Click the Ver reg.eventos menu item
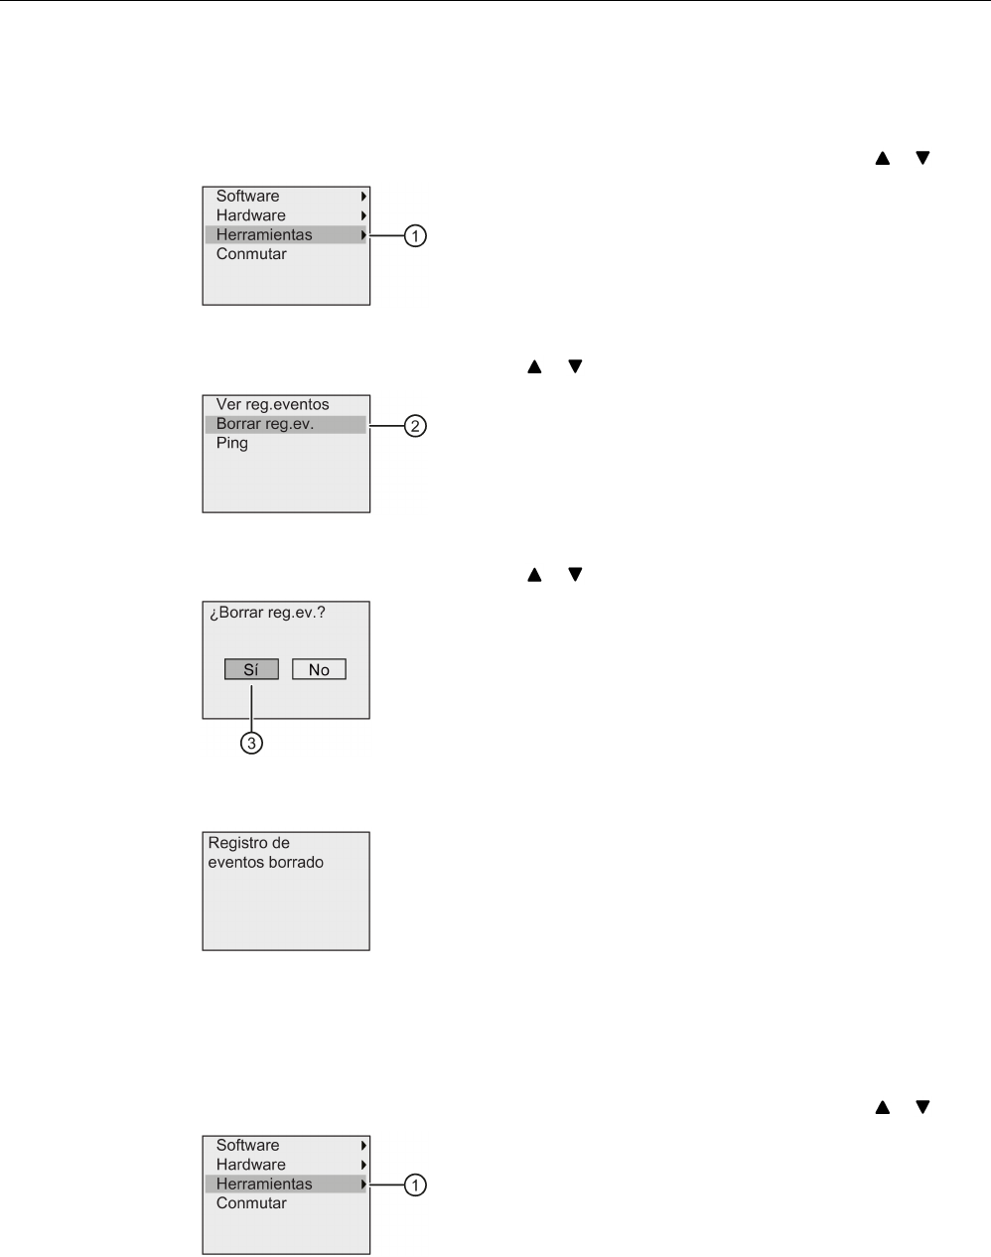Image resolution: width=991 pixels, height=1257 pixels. [272, 405]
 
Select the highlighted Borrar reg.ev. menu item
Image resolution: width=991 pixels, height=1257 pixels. [265, 424]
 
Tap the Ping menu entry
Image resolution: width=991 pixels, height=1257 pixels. [232, 443]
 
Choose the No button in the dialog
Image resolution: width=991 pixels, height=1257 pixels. [319, 670]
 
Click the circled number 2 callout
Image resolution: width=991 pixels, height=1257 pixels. [416, 426]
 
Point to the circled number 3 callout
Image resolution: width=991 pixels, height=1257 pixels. [252, 743]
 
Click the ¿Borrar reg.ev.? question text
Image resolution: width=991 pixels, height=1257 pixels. [267, 613]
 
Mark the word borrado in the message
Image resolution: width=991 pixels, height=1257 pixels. [297, 863]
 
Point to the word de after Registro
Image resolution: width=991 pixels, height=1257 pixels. [280, 843]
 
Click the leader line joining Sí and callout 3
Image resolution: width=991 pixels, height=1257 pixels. [252, 706]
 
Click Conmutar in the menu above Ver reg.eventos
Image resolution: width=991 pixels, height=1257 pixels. [251, 254]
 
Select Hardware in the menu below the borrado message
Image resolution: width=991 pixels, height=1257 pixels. [250, 1165]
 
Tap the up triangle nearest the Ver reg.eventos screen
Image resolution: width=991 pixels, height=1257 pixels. [534, 366]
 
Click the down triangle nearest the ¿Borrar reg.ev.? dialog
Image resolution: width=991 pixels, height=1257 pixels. [574, 574]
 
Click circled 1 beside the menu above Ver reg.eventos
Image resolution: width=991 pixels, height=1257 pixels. [416, 236]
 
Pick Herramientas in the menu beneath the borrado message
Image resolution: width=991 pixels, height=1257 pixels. [264, 1184]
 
